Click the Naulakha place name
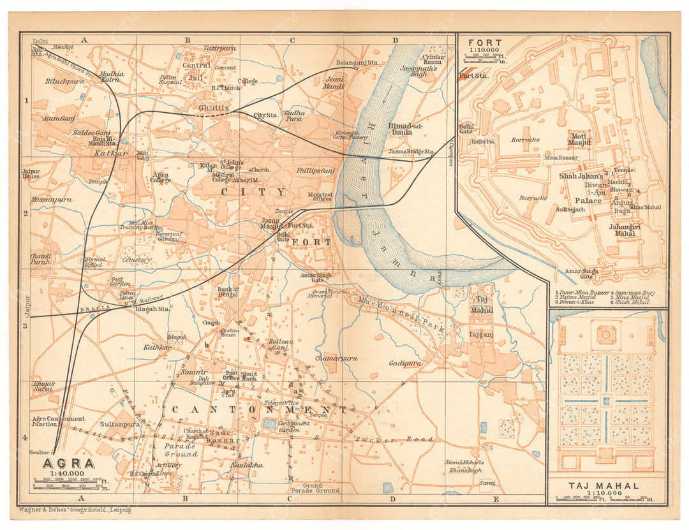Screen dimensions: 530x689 [246, 465]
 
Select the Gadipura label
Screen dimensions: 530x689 [405, 363]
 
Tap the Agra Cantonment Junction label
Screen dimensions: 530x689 [58, 422]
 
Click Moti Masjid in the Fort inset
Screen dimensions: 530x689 [579, 140]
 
